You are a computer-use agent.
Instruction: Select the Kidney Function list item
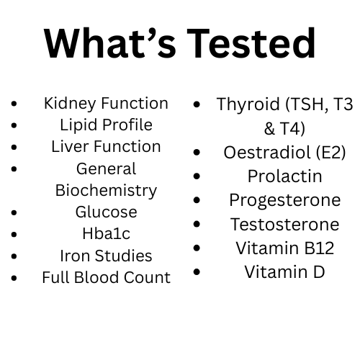[x=106, y=103]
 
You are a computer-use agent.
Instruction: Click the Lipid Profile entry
[x=106, y=125]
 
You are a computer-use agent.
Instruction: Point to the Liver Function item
[x=106, y=146]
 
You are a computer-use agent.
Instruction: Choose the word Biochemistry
[x=106, y=190]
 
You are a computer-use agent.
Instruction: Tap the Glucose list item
[x=106, y=212]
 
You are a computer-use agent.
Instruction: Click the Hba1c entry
[x=106, y=234]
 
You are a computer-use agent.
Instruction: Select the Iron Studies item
[x=106, y=256]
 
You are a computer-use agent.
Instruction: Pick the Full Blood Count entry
[x=106, y=277]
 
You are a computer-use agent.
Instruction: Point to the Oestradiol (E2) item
[x=284, y=153]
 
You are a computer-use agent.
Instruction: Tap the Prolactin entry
[x=284, y=176]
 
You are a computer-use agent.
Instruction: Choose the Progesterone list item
[x=284, y=200]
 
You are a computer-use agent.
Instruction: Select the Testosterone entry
[x=284, y=224]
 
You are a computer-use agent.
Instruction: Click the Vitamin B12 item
[x=284, y=248]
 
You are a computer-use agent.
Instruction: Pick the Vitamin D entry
[x=284, y=271]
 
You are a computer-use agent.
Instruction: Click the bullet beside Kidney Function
[x=15, y=104]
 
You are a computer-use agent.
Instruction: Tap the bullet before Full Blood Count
[x=15, y=278]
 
